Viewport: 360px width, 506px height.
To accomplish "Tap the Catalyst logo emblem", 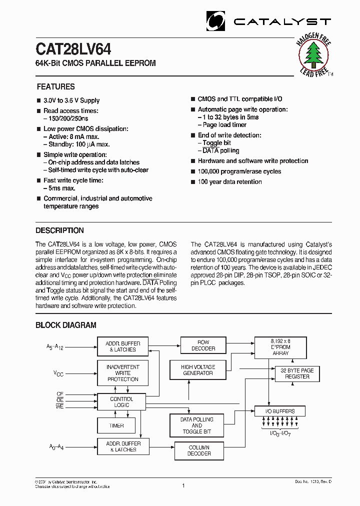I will pyautogui.click(x=215, y=21).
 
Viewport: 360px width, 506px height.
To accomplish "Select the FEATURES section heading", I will pyautogui.click(x=55, y=86).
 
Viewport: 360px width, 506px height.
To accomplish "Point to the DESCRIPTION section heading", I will pyautogui.click(x=59, y=230).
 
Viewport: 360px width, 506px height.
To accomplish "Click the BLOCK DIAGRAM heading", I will pyautogui.click(x=65, y=325).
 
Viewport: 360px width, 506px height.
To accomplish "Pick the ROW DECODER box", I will pyautogui.click(x=203, y=345).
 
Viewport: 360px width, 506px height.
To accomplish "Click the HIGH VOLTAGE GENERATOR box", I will pyautogui.click(x=197, y=370).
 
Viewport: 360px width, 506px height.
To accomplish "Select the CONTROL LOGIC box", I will pyautogui.click(x=121, y=402).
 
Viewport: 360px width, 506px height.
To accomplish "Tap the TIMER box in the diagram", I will pyautogui.click(x=116, y=425).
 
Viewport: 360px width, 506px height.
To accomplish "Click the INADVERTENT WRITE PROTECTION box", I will pyautogui.click(x=122, y=373).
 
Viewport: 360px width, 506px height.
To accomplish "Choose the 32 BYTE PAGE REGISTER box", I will pyautogui.click(x=297, y=373).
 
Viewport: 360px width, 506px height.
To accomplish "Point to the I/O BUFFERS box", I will pyautogui.click(x=279, y=411).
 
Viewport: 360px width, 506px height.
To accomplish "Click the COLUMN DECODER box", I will pyautogui.click(x=199, y=450).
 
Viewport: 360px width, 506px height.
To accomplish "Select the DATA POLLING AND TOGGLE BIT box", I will pyautogui.click(x=196, y=425).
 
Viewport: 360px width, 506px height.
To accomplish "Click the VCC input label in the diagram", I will pyautogui.click(x=58, y=372).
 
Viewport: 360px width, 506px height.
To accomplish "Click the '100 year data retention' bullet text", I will pyautogui.click(x=229, y=182).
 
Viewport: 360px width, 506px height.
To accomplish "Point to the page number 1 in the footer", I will pyautogui.click(x=183, y=485).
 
